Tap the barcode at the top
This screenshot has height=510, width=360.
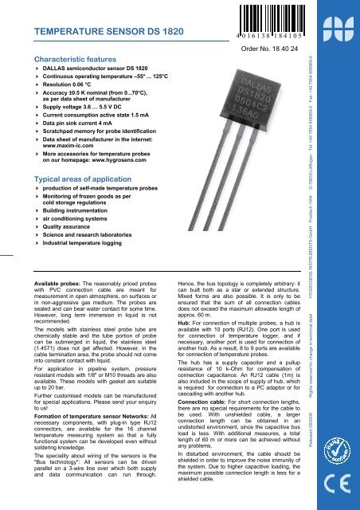tap(268, 18)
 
